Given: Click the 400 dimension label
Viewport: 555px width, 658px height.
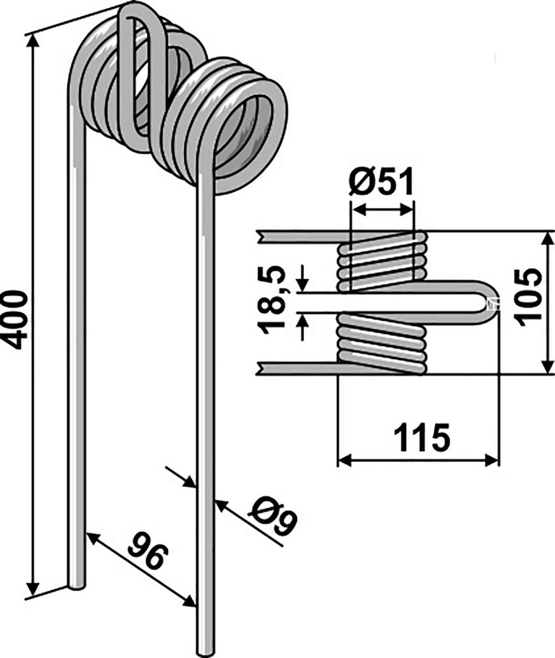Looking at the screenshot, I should [x=14, y=319].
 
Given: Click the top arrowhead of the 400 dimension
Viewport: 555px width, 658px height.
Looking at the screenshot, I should [x=33, y=40].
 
